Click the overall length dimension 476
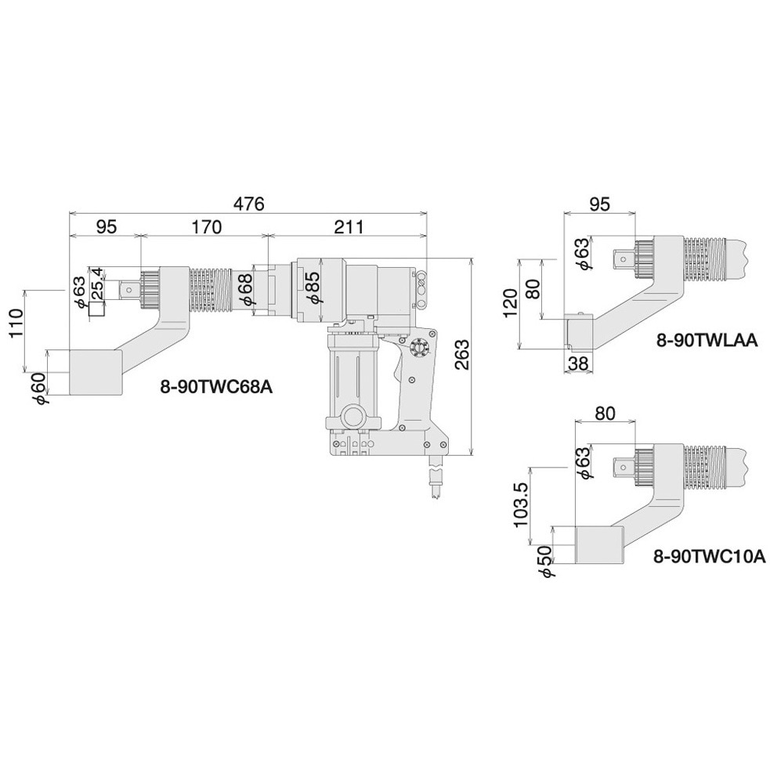(x=249, y=203)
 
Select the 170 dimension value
(x=206, y=227)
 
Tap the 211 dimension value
(x=349, y=227)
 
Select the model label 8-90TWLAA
(x=707, y=339)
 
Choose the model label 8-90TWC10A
(x=708, y=556)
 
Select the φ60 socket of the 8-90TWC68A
(x=96, y=372)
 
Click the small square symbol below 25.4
(x=96, y=309)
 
